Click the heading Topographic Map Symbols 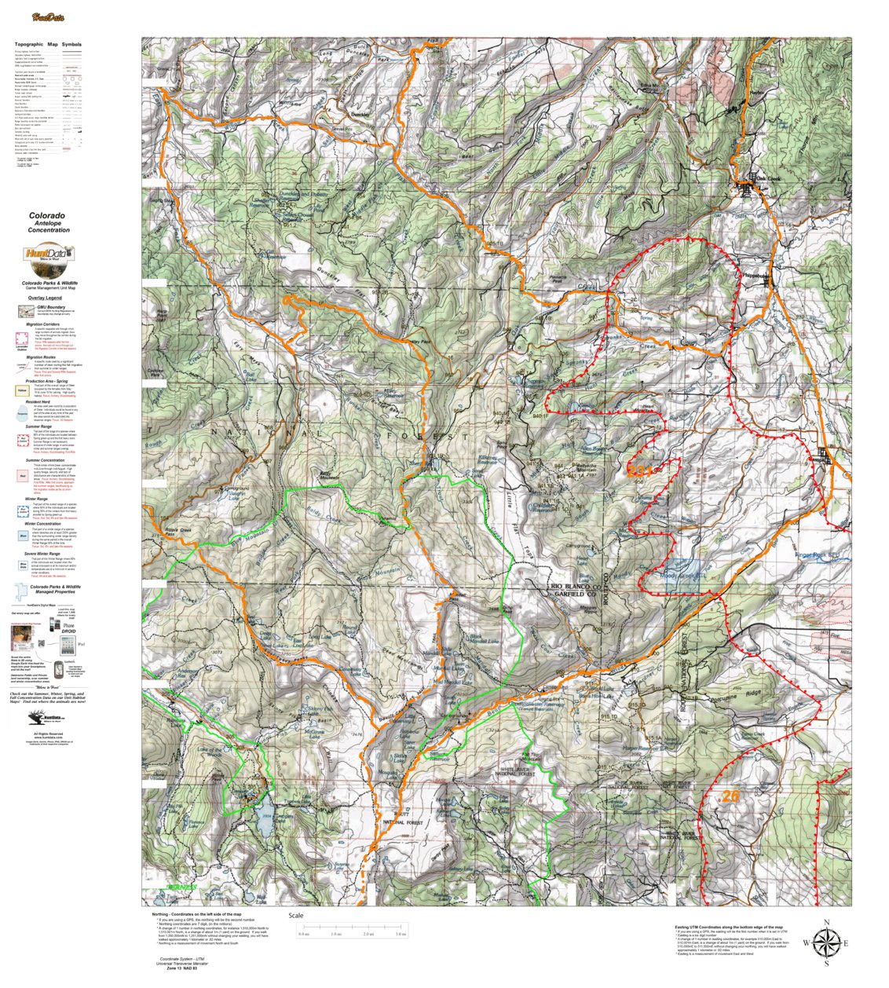[x=48, y=45]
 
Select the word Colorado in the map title [x=48, y=215]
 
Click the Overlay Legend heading [x=44, y=298]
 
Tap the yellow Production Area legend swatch [x=22, y=389]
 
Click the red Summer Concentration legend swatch [x=22, y=475]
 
